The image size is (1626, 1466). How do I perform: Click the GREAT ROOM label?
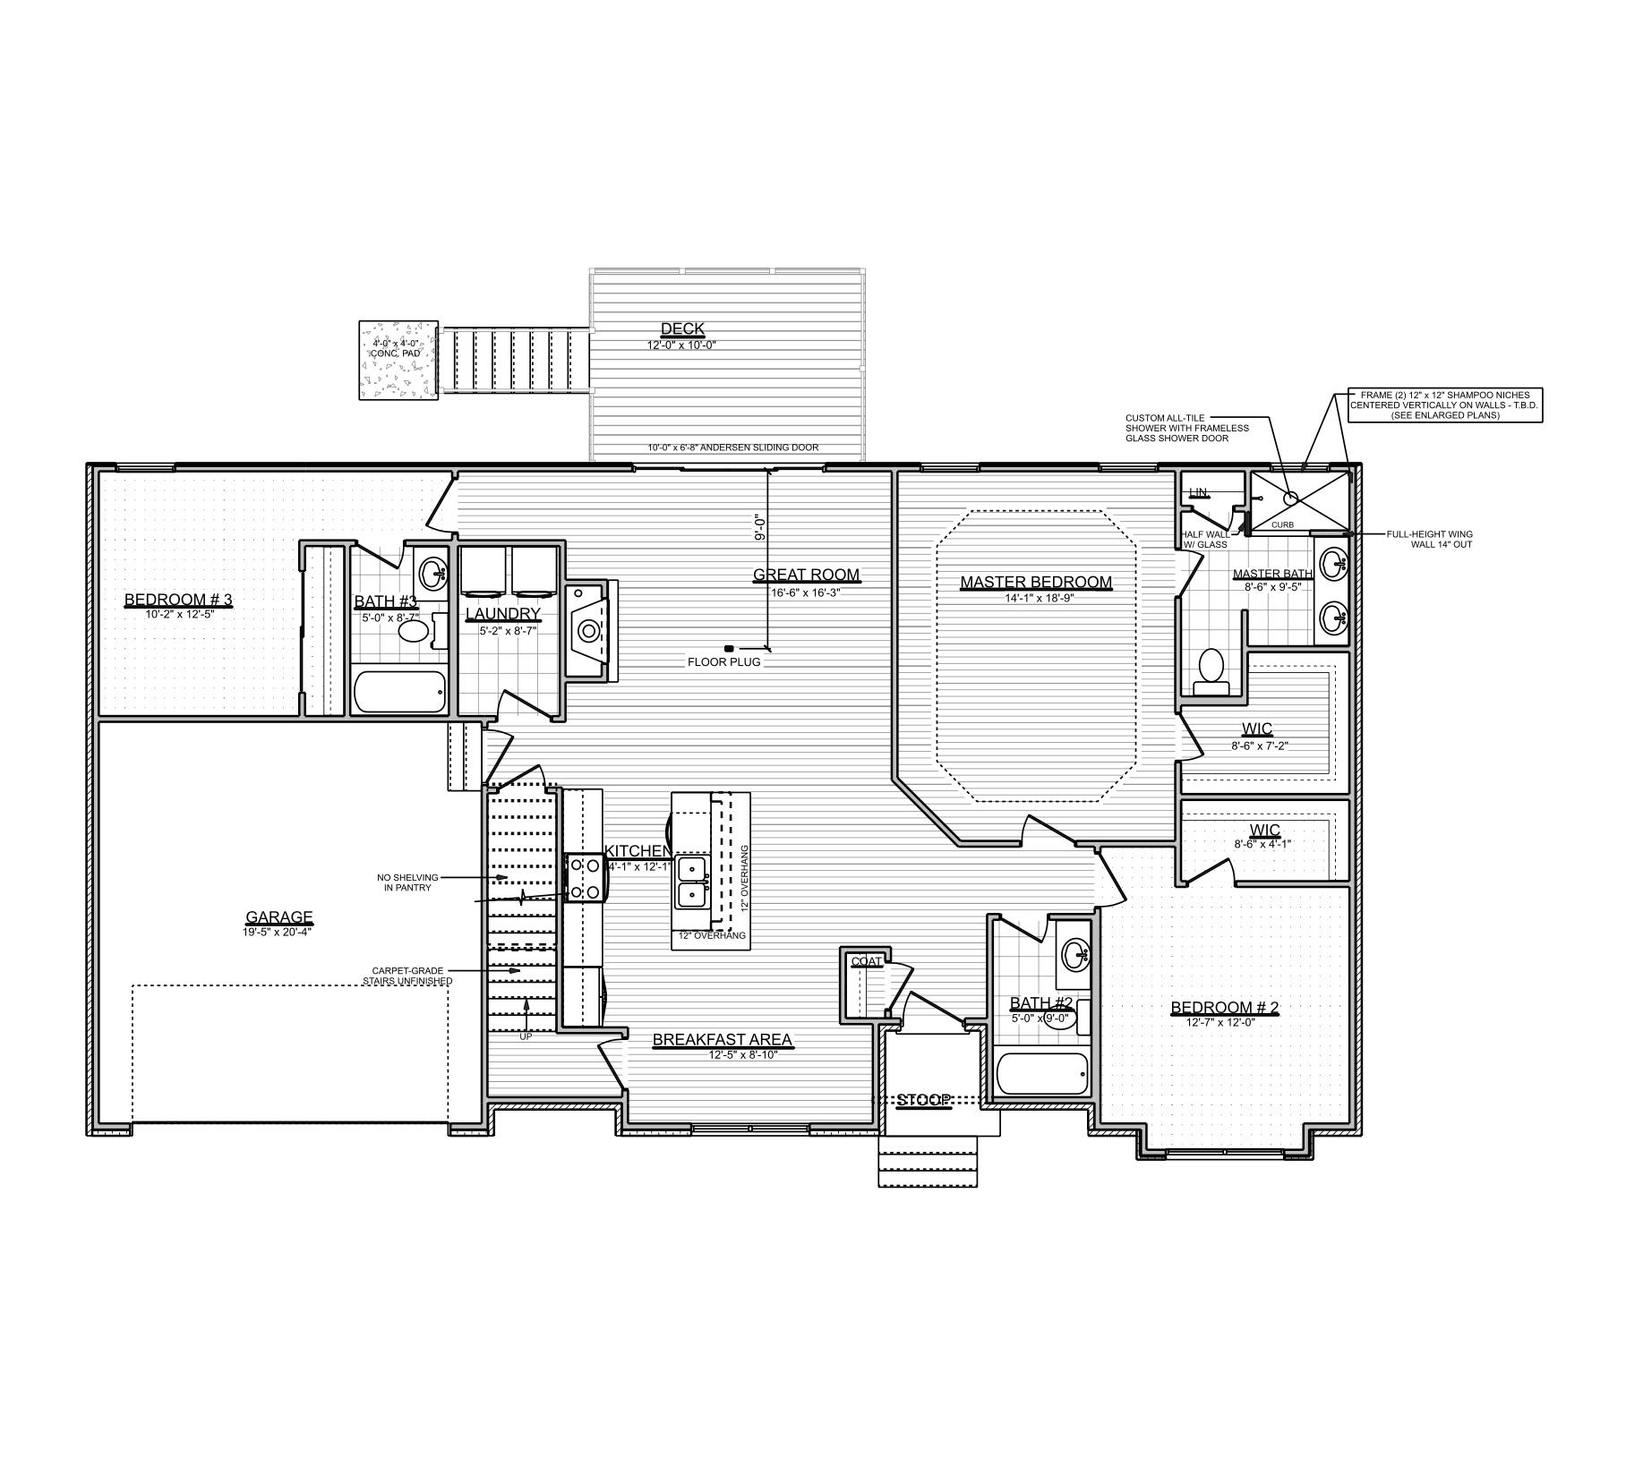(806, 575)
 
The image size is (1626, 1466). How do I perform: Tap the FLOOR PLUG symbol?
(728, 648)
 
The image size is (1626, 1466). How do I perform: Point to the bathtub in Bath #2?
(1042, 1072)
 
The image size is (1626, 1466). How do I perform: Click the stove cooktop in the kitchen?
(586, 879)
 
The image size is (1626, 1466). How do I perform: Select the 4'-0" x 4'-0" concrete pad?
(398, 360)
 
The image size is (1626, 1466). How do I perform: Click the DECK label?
(682, 328)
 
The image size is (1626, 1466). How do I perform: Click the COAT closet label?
(866, 962)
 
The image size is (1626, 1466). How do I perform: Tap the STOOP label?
(924, 1100)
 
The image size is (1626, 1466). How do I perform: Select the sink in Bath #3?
(434, 571)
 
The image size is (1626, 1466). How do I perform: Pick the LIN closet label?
(1197, 493)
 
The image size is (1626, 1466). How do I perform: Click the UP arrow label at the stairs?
(526, 1036)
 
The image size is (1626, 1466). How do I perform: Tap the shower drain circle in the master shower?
(1291, 498)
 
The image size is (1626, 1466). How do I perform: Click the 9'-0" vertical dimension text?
(760, 528)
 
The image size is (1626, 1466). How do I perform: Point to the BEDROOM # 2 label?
(1224, 1008)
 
